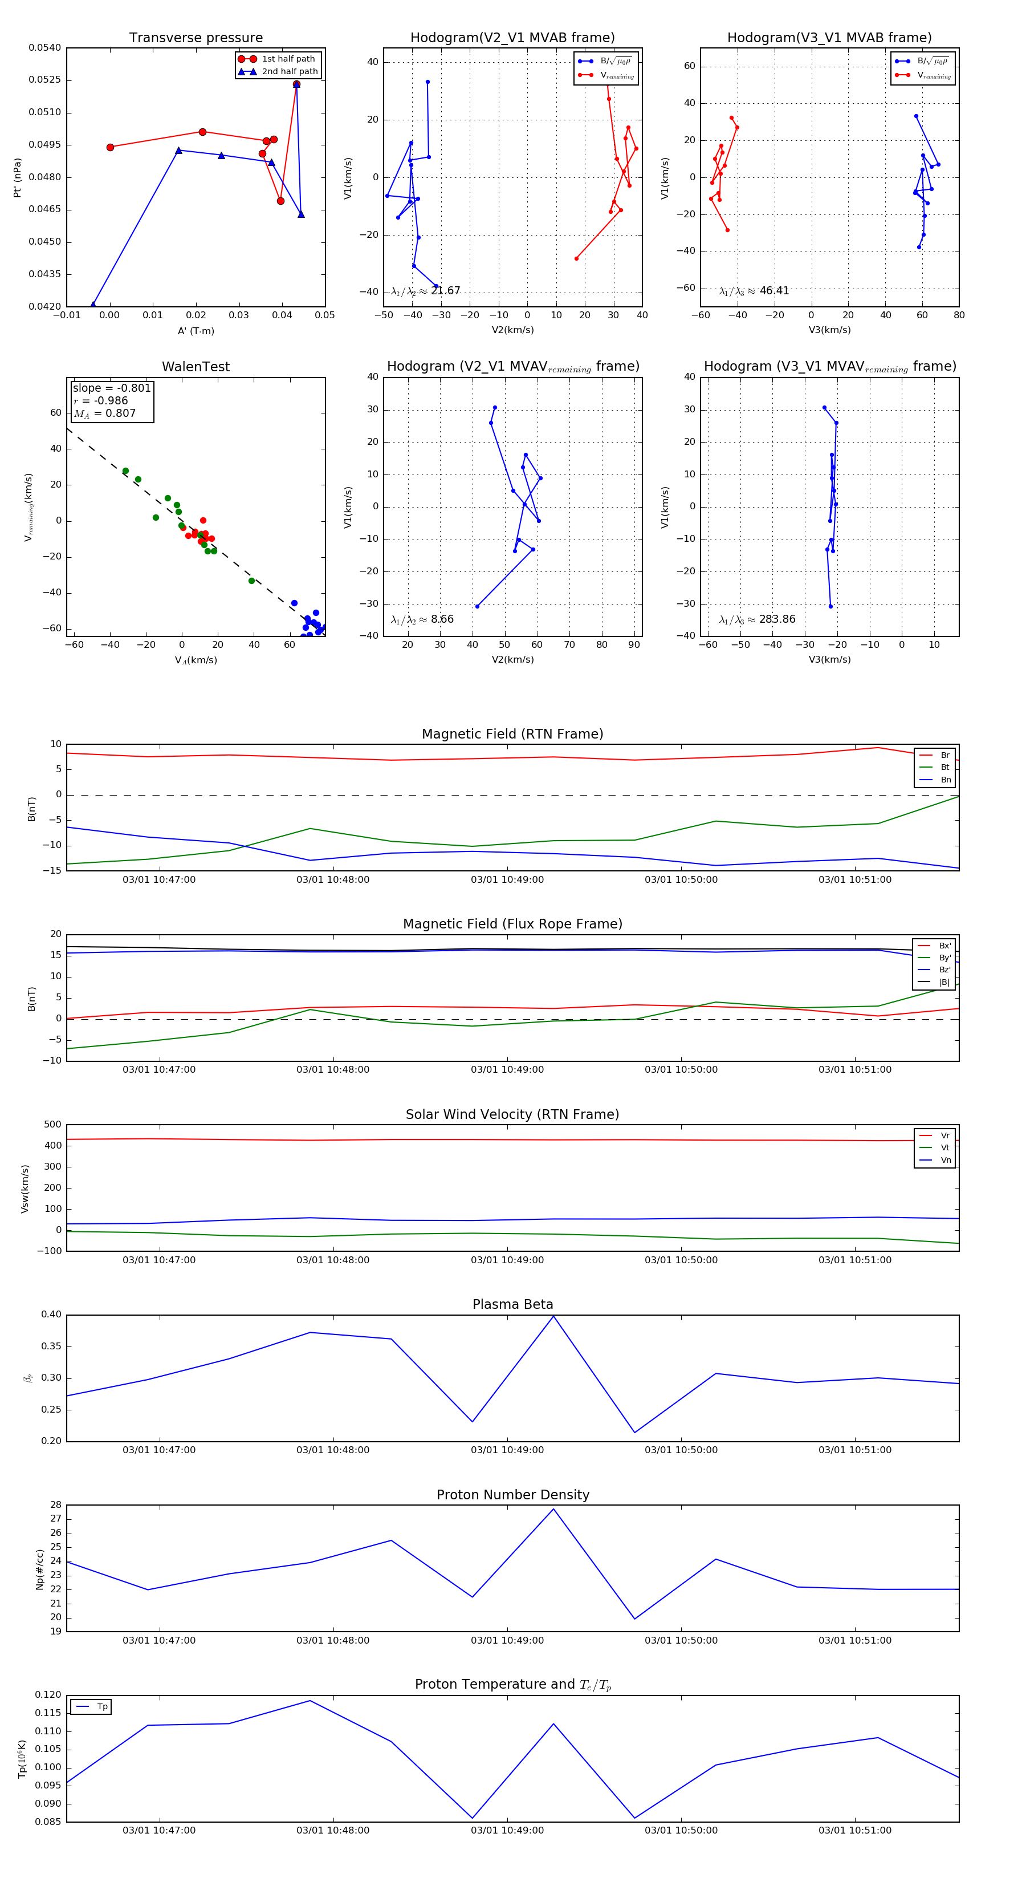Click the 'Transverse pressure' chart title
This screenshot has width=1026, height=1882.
pos(196,38)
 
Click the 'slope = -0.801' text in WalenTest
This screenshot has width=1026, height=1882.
pos(112,388)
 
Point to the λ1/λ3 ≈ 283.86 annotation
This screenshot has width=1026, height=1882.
pos(758,619)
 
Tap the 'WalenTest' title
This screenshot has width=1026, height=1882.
pos(196,367)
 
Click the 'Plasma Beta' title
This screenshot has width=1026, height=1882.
pos(512,1305)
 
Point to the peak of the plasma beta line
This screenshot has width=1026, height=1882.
pos(553,1316)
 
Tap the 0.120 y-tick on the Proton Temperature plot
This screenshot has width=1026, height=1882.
pos(48,1695)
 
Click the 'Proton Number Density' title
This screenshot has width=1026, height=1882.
pos(512,1495)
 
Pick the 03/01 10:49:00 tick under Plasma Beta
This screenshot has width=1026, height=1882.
pos(507,1450)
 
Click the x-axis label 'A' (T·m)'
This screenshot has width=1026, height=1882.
pos(196,331)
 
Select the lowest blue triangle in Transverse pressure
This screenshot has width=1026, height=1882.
pos(93,305)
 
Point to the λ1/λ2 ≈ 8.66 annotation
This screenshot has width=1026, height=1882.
pos(422,619)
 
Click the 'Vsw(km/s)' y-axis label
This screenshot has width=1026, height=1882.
pos(25,1189)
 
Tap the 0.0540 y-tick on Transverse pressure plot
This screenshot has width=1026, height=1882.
pos(45,48)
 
